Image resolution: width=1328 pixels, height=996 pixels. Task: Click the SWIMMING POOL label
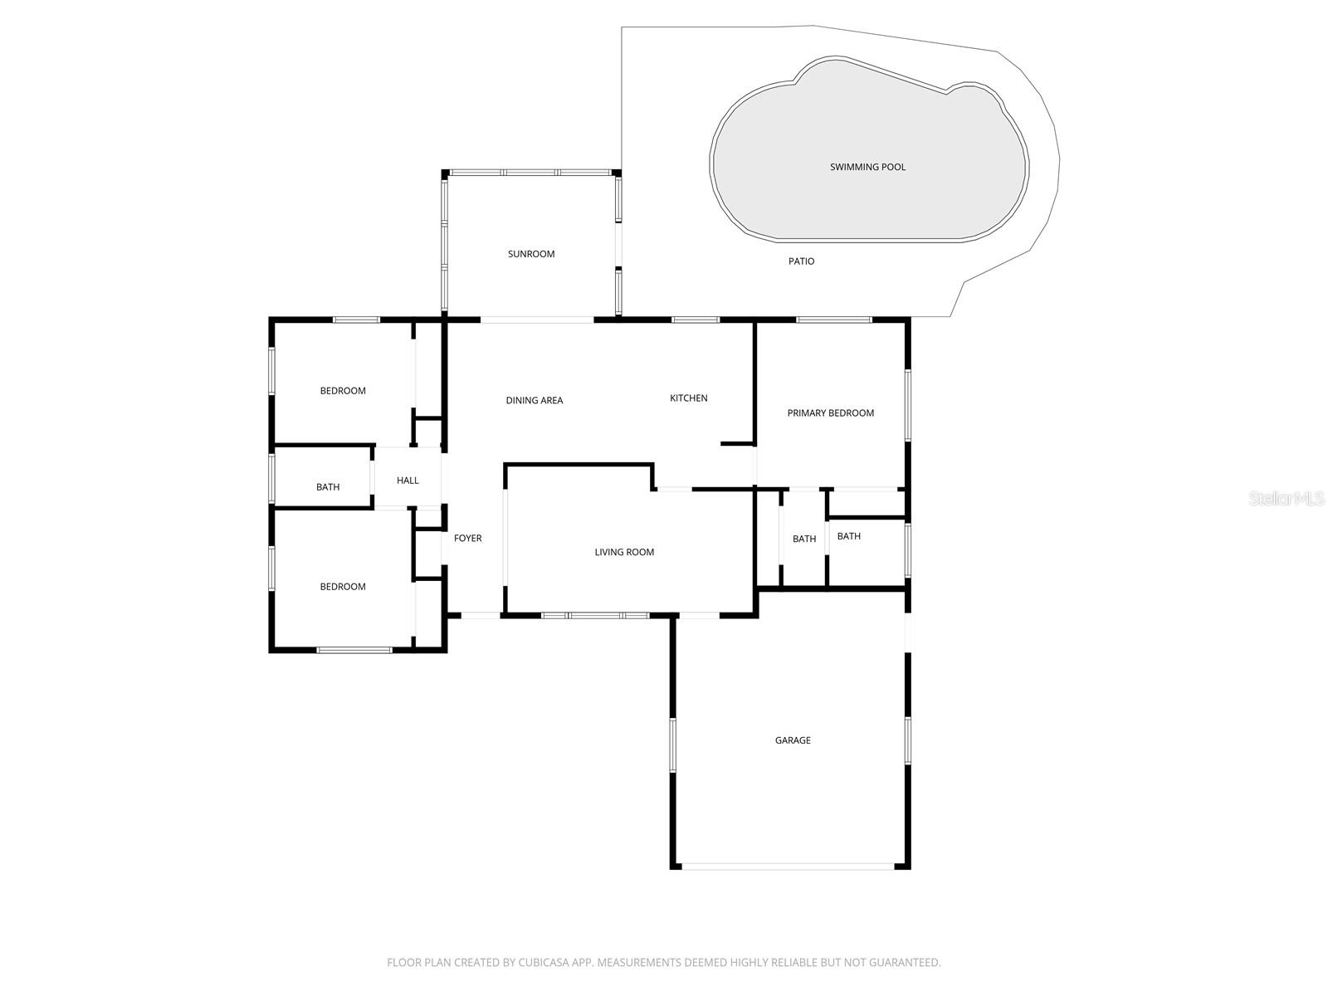coord(867,167)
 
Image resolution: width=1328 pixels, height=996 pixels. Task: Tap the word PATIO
coord(801,261)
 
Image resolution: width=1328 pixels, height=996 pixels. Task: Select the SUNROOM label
coord(531,254)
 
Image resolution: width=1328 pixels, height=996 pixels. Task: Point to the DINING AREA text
coord(535,400)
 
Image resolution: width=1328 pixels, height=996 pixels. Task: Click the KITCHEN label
coord(689,398)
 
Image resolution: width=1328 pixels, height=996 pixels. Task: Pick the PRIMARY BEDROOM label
coord(830,413)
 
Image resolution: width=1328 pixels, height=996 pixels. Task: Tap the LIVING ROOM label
coord(624,552)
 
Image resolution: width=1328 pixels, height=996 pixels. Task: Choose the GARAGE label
coord(793,740)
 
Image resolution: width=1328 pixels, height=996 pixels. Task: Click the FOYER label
coord(467,539)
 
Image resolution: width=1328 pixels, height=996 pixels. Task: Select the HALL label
coord(408,481)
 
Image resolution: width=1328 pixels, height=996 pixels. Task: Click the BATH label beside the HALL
coord(328,487)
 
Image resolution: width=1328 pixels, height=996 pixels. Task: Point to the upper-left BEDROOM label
coord(343,391)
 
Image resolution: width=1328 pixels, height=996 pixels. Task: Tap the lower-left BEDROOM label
coord(343,587)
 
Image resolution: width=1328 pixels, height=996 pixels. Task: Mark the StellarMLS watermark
coord(1286,498)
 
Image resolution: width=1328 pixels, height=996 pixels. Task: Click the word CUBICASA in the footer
coord(544,963)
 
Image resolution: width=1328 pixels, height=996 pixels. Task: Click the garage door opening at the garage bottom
coord(788,867)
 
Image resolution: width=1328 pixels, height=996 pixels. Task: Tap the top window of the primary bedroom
coord(833,320)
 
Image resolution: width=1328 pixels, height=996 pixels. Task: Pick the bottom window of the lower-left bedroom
coord(354,650)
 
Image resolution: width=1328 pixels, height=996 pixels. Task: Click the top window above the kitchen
coord(696,320)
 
